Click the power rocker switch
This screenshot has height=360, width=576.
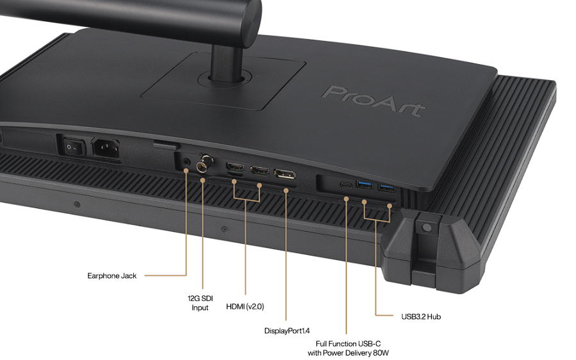click(x=73, y=147)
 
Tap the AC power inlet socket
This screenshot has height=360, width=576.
click(x=106, y=149)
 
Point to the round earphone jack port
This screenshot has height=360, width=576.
click(x=187, y=161)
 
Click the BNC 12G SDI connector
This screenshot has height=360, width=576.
click(x=204, y=163)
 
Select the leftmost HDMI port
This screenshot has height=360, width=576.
click(x=235, y=167)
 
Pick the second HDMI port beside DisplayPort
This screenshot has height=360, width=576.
click(x=259, y=170)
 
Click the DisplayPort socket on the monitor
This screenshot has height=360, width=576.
click(x=284, y=174)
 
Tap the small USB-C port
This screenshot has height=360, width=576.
click(x=346, y=184)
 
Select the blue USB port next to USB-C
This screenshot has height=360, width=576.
click(x=365, y=184)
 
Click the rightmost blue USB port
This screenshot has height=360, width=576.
click(x=387, y=188)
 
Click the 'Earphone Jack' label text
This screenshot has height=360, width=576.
click(x=111, y=275)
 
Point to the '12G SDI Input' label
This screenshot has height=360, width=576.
click(x=200, y=303)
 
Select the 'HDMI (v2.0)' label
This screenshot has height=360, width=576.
click(x=245, y=306)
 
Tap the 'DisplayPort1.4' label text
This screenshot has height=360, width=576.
click(x=287, y=331)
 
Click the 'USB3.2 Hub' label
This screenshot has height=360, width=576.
click(x=421, y=316)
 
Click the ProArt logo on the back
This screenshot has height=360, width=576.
click(x=374, y=101)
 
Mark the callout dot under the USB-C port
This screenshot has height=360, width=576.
click(x=346, y=199)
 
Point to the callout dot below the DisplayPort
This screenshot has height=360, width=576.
click(x=286, y=190)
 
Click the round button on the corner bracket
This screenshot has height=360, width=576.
click(x=427, y=228)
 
